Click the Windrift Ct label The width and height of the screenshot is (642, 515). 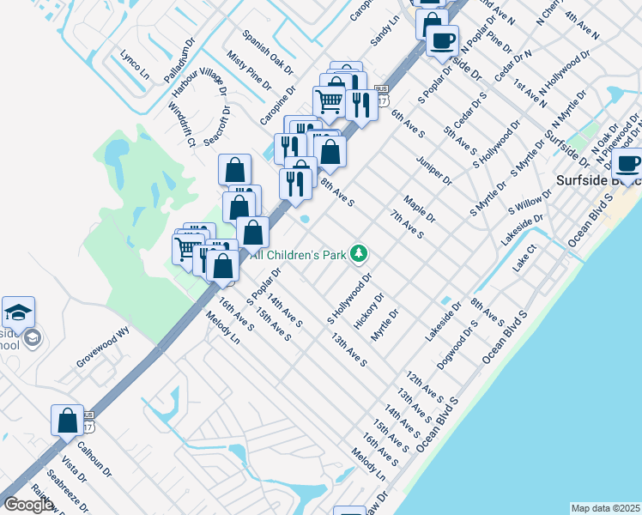point(182,124)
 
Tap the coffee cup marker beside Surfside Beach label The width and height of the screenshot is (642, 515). point(628,163)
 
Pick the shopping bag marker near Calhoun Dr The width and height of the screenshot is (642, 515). point(67,420)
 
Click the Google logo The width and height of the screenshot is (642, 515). point(28,504)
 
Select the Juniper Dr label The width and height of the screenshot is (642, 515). point(435,169)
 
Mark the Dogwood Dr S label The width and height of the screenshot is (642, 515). point(457,346)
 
